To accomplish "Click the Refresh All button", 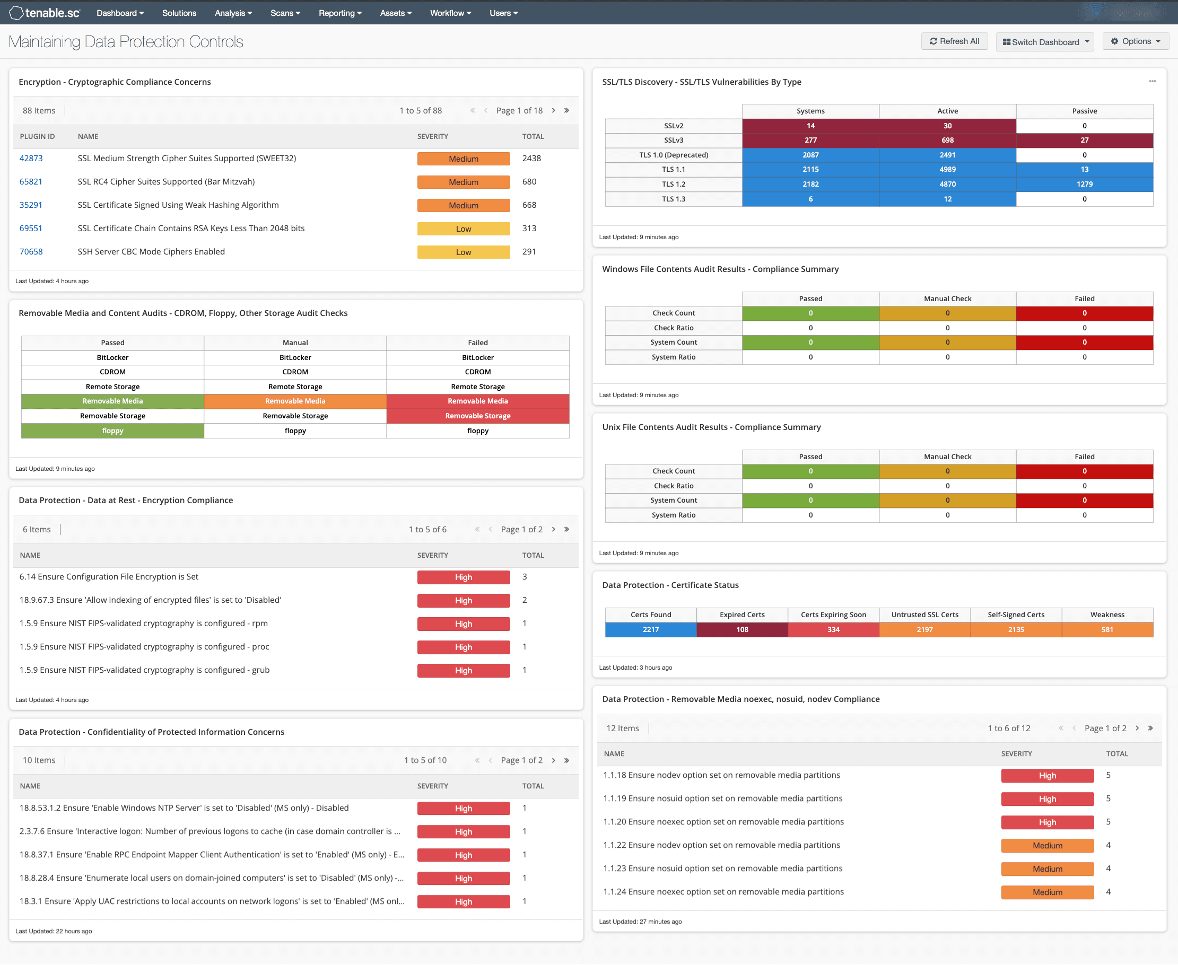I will point(954,41).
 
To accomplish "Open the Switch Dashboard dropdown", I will point(1044,42).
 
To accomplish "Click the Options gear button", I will point(1135,41).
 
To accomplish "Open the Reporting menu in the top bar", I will point(339,13).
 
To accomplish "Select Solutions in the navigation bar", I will point(179,13).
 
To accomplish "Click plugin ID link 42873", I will point(31,159).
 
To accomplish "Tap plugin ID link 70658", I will point(31,252).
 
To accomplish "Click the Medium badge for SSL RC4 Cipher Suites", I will point(463,182).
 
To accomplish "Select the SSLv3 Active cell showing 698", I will point(947,140).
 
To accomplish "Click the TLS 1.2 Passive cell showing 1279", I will point(1084,184).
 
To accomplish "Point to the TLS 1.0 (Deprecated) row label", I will point(673,155).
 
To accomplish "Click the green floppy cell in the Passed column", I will point(112,431).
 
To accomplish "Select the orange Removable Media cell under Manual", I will point(295,401).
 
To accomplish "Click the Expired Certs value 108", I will point(741,630).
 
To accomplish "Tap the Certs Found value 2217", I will point(650,630).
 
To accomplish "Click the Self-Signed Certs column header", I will point(1016,615).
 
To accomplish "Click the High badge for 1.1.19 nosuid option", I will point(1047,800).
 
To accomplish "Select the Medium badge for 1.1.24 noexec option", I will point(1047,893).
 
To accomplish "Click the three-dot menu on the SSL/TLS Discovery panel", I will point(1152,81).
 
